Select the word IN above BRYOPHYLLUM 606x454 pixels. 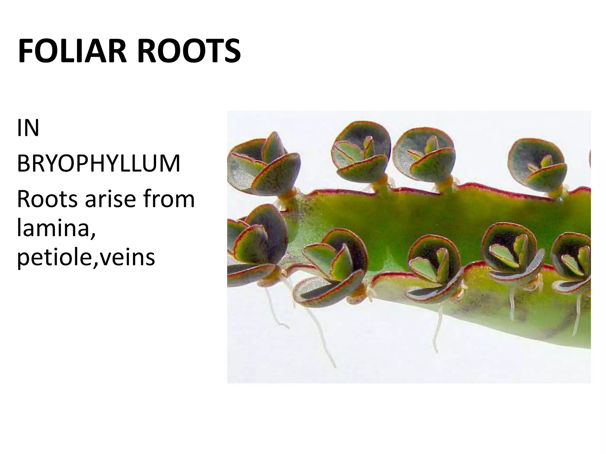point(28,128)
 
